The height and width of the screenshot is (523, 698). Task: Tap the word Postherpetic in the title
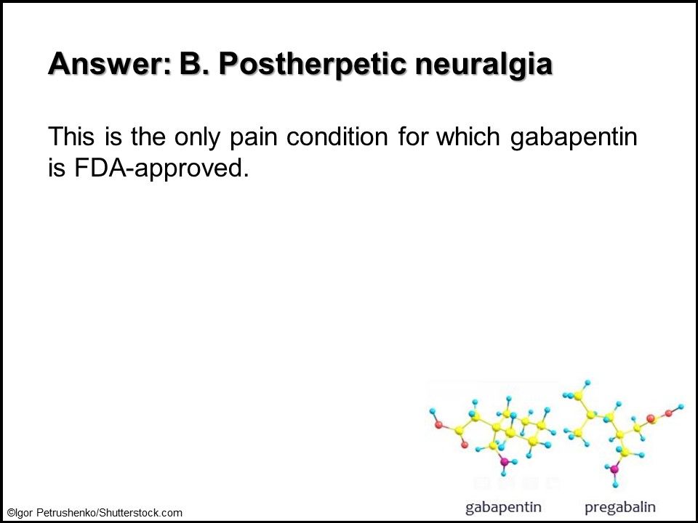313,65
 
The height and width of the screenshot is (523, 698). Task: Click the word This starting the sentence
71,136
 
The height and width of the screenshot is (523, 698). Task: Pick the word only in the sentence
197,137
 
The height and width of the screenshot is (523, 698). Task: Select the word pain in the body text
253,137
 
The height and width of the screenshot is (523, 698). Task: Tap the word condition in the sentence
337,136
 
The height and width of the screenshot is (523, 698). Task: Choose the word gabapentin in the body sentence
574,137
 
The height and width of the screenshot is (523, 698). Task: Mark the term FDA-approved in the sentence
161,169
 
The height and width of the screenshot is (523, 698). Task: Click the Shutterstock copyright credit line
95,513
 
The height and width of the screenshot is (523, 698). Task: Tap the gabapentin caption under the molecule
503,508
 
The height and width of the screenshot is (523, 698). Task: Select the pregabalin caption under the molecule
620,508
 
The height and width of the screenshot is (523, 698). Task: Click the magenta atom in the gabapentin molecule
505,462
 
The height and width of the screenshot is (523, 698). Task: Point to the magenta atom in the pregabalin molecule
614,469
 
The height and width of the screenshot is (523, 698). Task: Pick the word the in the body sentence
148,136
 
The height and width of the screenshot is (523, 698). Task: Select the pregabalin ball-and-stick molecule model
623,433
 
